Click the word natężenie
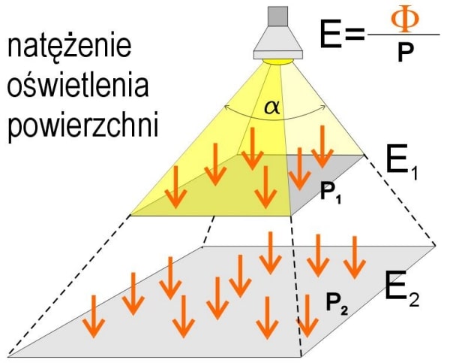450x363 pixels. tap(70, 50)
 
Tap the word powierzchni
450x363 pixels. tap(82, 126)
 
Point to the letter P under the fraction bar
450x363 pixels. tap(406, 53)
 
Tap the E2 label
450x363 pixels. tap(402, 289)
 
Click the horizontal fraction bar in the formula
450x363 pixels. tap(406, 35)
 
